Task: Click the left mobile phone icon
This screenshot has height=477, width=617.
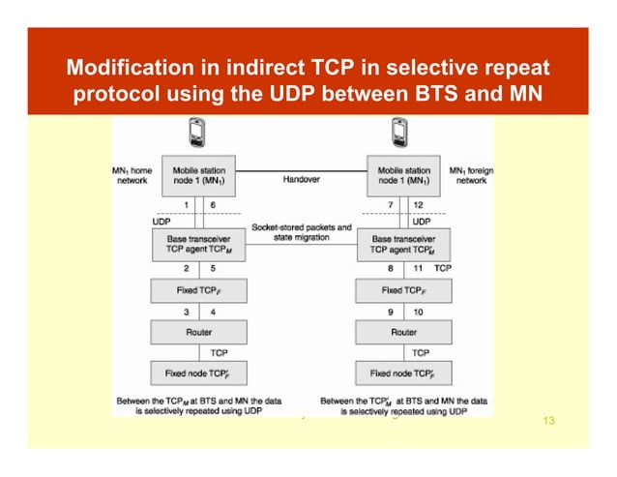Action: (x=197, y=134)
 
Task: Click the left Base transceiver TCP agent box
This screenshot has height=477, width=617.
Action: (x=198, y=244)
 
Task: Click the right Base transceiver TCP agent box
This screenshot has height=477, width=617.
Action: (x=404, y=244)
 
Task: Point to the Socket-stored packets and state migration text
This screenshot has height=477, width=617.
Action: (x=301, y=233)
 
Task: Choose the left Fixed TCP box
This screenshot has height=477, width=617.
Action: (x=198, y=289)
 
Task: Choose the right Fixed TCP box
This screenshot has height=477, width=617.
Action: (x=404, y=289)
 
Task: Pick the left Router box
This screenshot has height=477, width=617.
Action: (x=198, y=331)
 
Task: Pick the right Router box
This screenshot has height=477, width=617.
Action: (x=404, y=331)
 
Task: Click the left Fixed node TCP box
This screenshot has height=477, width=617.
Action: (x=198, y=373)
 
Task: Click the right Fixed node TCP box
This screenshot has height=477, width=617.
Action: (x=404, y=373)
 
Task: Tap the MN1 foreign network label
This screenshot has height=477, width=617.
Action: (x=471, y=175)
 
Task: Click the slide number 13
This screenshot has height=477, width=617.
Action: (x=549, y=420)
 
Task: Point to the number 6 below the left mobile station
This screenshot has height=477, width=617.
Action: (x=213, y=205)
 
